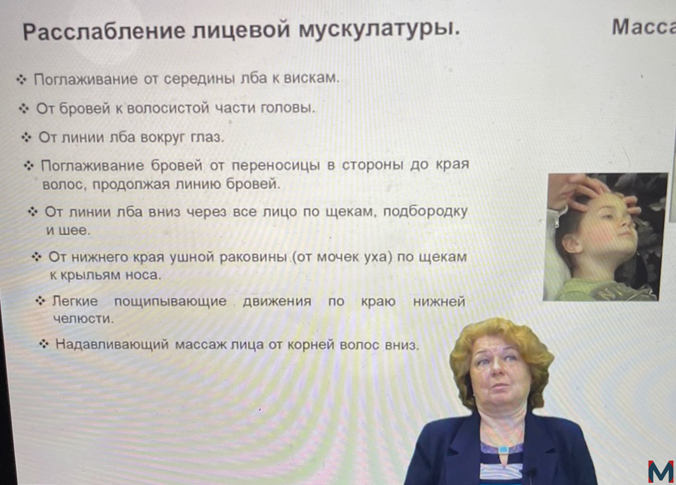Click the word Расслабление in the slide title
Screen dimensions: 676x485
(104, 31)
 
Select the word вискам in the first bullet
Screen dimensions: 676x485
(312, 78)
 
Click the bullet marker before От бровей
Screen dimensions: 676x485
(24, 109)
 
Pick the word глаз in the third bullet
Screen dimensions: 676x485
(208, 138)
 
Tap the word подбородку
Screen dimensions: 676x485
(426, 212)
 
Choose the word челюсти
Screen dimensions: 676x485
(83, 319)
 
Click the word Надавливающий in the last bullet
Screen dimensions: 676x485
(112, 345)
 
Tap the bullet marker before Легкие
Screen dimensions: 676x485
(40, 301)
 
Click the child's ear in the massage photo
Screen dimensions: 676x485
(571, 243)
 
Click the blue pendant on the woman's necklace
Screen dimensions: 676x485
(503, 450)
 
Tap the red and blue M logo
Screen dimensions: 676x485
(661, 472)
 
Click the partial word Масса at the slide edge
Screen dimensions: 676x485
(644, 27)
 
